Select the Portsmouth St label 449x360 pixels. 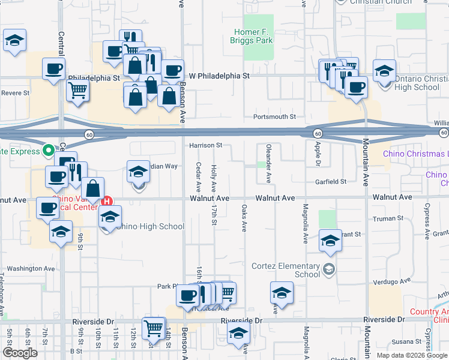(275, 117)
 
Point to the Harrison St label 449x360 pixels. (206, 145)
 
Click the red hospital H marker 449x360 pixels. (107, 201)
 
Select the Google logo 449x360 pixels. (20, 352)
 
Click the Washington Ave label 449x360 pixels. (31, 269)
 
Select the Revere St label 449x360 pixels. (15, 93)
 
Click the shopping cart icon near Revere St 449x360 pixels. (77, 91)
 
